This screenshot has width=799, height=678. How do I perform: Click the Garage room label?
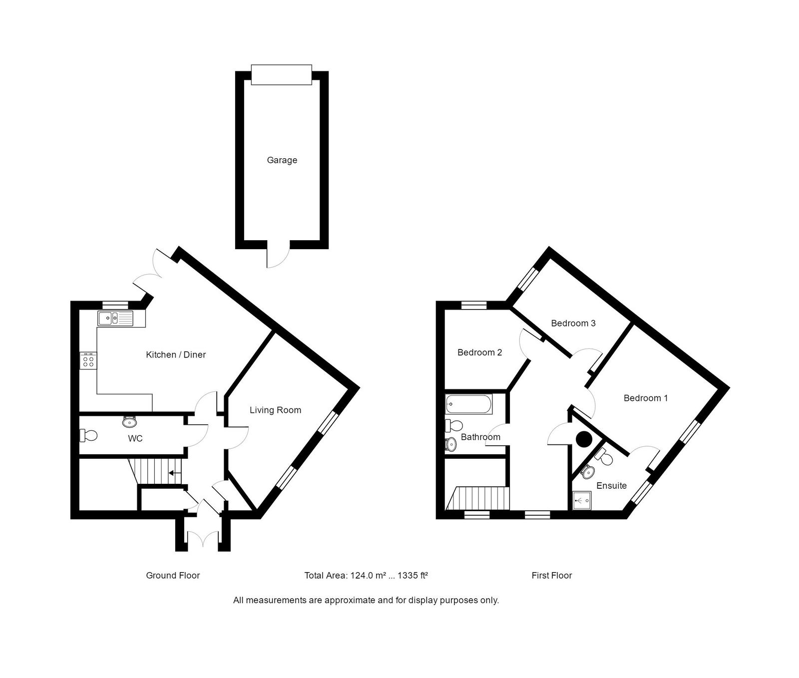click(x=282, y=160)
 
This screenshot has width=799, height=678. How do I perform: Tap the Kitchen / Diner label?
click(x=176, y=355)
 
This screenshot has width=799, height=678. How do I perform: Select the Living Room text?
click(x=275, y=410)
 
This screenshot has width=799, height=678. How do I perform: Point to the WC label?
click(x=135, y=439)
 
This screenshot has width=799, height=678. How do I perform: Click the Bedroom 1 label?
click(x=645, y=398)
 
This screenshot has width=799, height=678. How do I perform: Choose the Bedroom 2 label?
click(x=479, y=352)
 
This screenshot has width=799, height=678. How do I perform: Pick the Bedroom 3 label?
click(x=573, y=324)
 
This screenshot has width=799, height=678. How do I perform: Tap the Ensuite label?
click(x=611, y=486)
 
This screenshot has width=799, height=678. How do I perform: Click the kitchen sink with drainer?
click(x=115, y=318)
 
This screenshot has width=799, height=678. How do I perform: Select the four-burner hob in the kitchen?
click(x=88, y=360)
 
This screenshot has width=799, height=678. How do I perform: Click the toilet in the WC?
click(x=88, y=435)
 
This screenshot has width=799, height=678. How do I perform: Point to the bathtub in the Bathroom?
click(x=469, y=404)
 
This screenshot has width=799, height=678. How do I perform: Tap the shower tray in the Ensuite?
click(x=582, y=500)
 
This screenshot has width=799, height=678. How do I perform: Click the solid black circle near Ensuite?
click(x=583, y=439)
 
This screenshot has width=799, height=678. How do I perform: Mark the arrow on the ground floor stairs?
click(x=174, y=473)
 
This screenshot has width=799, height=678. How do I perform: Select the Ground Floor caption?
click(x=173, y=576)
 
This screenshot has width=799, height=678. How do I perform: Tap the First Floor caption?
click(x=551, y=576)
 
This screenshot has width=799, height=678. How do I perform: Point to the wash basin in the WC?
click(x=130, y=422)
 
